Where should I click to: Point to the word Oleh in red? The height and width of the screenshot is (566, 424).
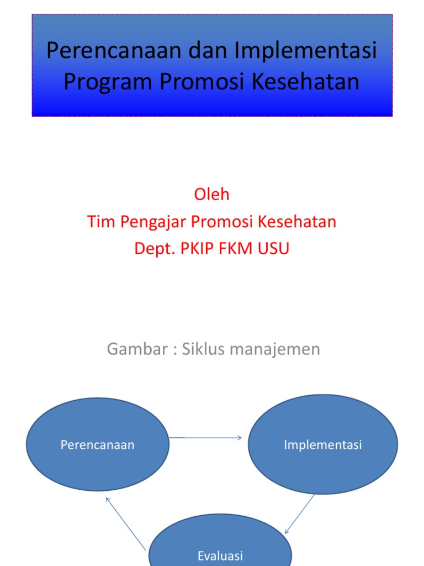211,195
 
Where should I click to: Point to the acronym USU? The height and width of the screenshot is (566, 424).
275,249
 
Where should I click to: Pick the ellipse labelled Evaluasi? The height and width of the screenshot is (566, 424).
220,544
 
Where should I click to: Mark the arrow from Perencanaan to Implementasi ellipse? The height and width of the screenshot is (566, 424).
205,438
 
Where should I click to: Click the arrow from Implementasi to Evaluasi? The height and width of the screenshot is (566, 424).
300,514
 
